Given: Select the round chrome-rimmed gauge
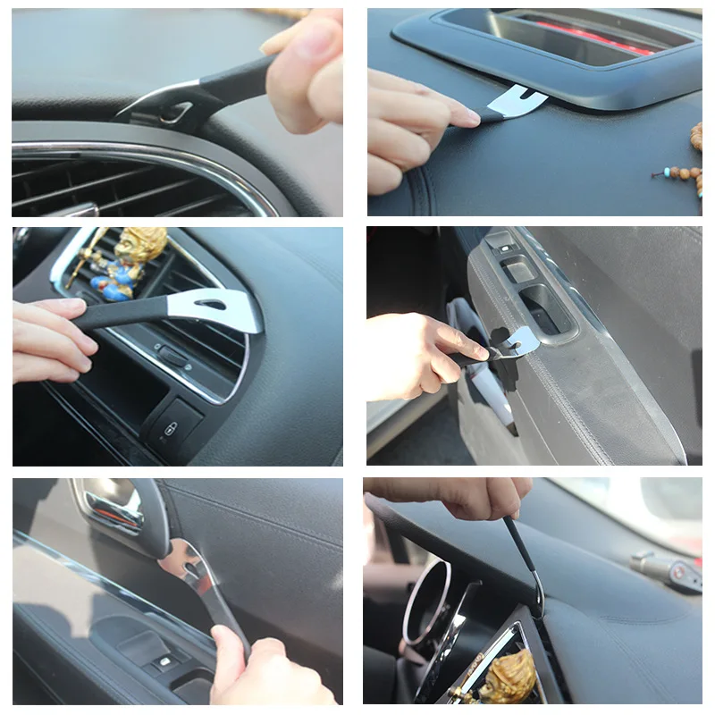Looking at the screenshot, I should (427, 601).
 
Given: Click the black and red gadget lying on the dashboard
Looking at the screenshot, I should (666, 569).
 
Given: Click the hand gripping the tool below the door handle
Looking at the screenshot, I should (259, 670).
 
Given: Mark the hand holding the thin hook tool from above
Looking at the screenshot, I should (465, 495).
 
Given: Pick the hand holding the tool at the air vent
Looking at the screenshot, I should (49, 340).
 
